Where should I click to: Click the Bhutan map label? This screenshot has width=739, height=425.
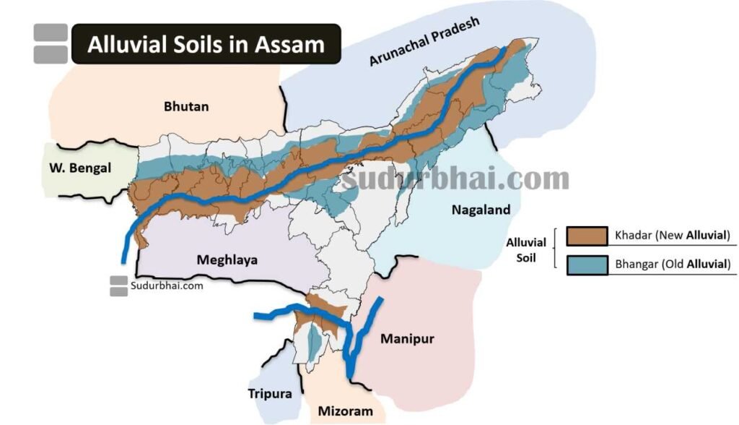186,106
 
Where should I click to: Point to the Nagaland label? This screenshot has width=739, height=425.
481,210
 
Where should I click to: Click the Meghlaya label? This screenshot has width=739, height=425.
227,259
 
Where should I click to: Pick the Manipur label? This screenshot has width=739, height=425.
407,338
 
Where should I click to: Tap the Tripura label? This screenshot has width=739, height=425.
271,394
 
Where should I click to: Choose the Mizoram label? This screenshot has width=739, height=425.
346,412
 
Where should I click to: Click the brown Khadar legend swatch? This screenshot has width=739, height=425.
585,236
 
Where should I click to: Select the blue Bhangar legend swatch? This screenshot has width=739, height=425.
585,264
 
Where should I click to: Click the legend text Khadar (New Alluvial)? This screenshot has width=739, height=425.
673,236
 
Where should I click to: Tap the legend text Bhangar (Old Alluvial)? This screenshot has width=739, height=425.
673,265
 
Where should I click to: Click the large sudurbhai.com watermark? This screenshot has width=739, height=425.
455,177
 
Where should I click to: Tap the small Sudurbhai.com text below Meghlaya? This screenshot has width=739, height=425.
167,286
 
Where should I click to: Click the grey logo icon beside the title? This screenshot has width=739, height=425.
51,43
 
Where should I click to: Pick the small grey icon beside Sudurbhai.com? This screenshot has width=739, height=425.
119,286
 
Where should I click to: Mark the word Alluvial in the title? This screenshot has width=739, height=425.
127,45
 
